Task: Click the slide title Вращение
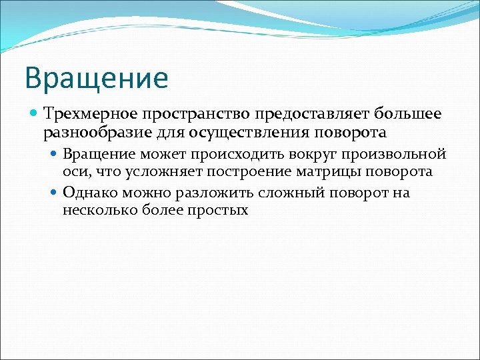(x=96, y=77)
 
